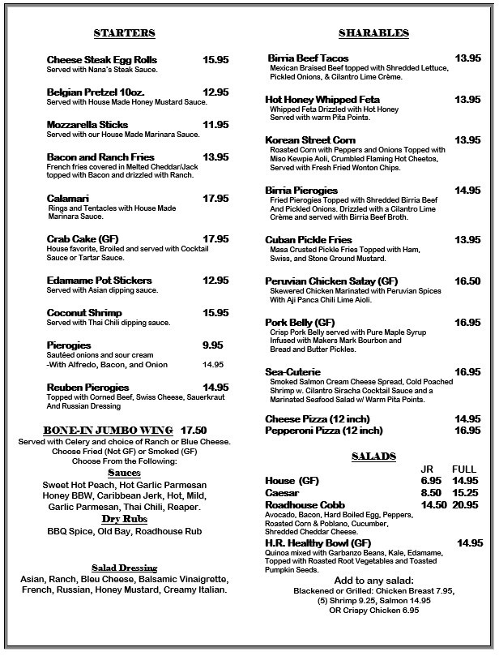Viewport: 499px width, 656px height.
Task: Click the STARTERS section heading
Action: point(124,33)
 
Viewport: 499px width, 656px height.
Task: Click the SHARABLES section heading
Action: point(373,33)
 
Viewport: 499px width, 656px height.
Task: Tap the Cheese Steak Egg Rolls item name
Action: point(102,60)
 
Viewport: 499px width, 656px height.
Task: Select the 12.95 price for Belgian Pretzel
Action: point(215,92)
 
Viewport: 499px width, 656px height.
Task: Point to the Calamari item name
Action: point(68,198)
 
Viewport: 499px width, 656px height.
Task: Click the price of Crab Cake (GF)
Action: point(215,239)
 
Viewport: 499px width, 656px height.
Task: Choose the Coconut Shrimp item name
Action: point(84,313)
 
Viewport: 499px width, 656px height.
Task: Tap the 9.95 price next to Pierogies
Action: point(213,345)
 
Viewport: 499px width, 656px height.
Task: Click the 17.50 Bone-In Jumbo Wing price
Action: point(194,430)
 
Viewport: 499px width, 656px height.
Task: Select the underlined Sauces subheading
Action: point(124,473)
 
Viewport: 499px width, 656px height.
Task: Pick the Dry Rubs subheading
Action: point(124,518)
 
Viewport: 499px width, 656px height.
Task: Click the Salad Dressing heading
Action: point(124,568)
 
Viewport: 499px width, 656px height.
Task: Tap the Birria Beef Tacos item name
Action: point(309,58)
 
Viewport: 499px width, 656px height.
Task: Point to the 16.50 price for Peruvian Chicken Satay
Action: point(467,281)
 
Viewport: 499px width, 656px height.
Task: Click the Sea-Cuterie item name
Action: point(292,371)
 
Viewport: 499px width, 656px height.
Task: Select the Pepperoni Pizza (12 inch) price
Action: point(467,431)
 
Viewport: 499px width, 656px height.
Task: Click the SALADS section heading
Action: point(373,457)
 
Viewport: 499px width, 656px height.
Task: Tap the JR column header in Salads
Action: point(428,469)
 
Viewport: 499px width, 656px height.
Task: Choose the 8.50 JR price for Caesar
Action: point(432,492)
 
